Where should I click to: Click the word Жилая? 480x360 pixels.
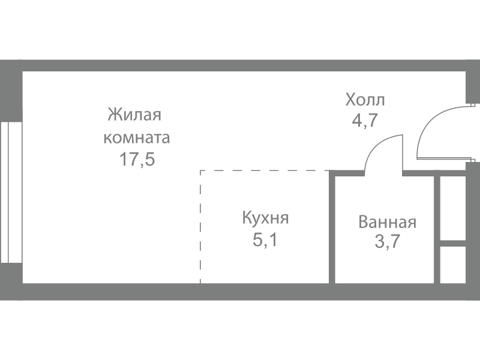click(x=134, y=115)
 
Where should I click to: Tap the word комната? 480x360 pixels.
click(x=137, y=138)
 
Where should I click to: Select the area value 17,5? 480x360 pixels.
click(x=137, y=160)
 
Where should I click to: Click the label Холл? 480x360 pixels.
click(x=365, y=100)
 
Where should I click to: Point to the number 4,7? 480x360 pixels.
click(x=365, y=121)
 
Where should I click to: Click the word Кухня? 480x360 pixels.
click(x=265, y=218)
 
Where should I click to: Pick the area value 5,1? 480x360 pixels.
click(x=265, y=239)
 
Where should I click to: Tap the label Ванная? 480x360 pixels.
click(x=387, y=222)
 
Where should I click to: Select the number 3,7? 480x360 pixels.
click(x=387, y=242)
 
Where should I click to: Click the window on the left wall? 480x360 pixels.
click(x=11, y=193)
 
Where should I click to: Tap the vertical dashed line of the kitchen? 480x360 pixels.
click(x=200, y=227)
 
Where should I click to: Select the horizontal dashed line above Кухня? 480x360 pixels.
click(x=265, y=170)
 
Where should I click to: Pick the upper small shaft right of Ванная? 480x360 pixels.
click(x=453, y=208)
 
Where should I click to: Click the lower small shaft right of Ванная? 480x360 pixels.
click(x=453, y=265)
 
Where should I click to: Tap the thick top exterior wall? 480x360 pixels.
click(x=240, y=65)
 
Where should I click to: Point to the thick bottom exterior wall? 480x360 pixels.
click(x=240, y=292)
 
